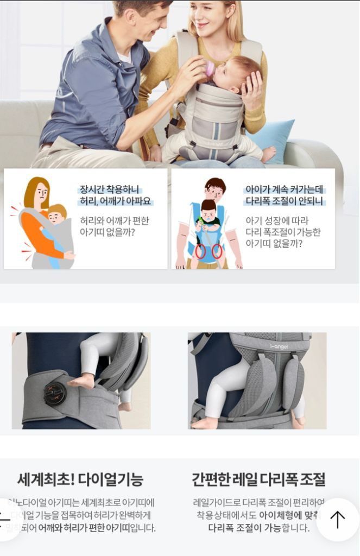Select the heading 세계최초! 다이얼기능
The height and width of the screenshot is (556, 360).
pyautogui.click(x=80, y=479)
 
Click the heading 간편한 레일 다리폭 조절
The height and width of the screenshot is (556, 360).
pyautogui.click(x=258, y=479)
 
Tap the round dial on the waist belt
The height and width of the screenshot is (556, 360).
pyautogui.click(x=55, y=394)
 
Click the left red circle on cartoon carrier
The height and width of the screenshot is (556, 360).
pyautogui.click(x=200, y=251)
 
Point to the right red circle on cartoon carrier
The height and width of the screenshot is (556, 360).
pyautogui.click(x=217, y=251)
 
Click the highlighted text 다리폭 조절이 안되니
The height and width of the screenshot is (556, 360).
pyautogui.click(x=283, y=202)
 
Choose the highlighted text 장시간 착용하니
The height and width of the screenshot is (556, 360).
pyautogui.click(x=110, y=189)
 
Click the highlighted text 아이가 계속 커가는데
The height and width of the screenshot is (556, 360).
pyautogui.click(x=284, y=189)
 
